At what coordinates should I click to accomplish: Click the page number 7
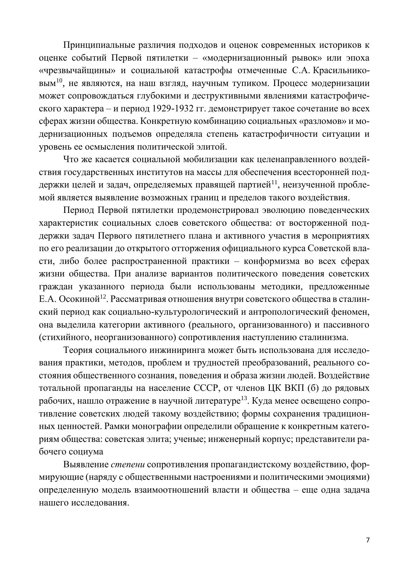click(x=368, y=540)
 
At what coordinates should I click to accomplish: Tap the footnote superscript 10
click(x=59, y=81)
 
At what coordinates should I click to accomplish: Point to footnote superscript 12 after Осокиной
click(x=103, y=297)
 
